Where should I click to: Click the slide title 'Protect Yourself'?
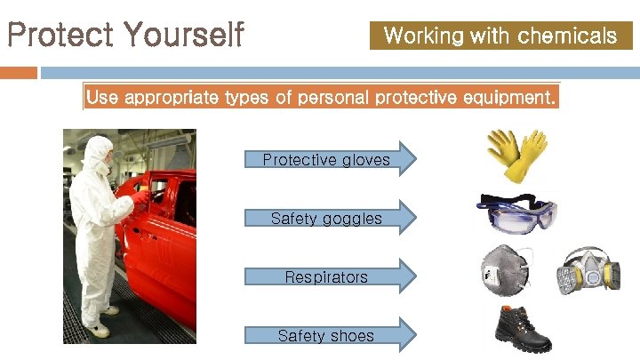coord(124,36)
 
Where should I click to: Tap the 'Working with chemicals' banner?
coord(500,36)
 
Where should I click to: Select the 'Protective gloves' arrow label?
coord(326,160)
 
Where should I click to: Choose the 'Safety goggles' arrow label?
coord(326,218)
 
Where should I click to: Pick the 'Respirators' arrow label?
coord(326,277)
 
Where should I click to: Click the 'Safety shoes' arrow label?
coord(326,335)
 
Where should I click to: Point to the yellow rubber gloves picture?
coord(516,156)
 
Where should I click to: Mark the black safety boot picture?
coord(523,329)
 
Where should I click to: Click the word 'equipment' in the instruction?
coord(510,98)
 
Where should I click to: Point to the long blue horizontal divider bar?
coord(338,72)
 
